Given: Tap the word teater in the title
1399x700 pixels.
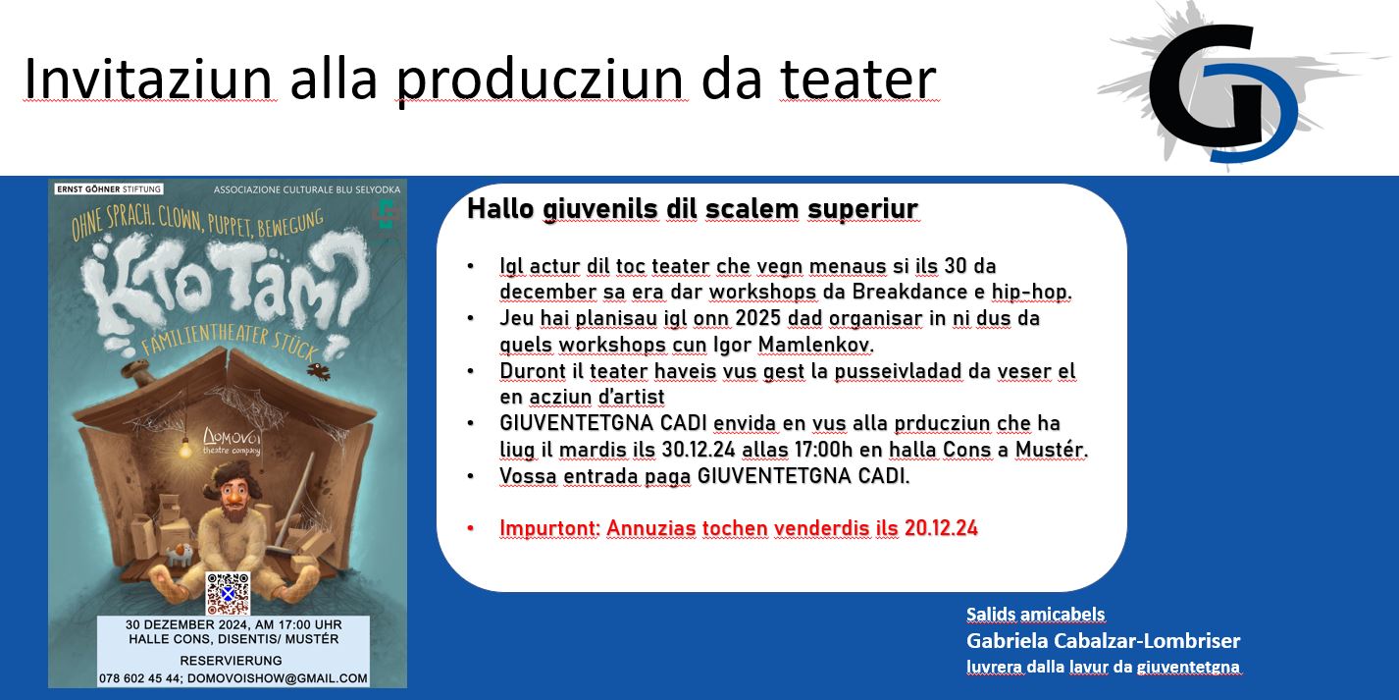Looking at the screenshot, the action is (x=858, y=79).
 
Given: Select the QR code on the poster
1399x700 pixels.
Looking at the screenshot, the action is (x=228, y=593).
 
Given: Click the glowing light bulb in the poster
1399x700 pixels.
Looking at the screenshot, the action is (x=184, y=449).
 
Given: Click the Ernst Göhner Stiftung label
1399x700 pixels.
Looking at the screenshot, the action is (x=109, y=188).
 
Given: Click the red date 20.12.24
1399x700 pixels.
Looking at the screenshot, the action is (x=941, y=528).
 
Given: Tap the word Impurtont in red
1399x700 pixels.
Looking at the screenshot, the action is (x=549, y=529).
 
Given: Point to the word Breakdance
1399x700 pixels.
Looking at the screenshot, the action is (x=908, y=292).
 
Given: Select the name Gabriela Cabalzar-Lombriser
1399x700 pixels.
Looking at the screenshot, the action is (x=1104, y=641).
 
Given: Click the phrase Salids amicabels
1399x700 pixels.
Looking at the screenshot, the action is (x=1035, y=615).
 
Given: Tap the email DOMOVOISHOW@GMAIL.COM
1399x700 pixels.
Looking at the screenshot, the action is (x=278, y=678).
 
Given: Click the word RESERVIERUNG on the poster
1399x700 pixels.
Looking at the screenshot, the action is (x=232, y=661).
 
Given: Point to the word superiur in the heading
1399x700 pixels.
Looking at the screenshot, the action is (x=862, y=210).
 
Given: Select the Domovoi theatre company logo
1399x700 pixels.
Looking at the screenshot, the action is (x=232, y=441).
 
